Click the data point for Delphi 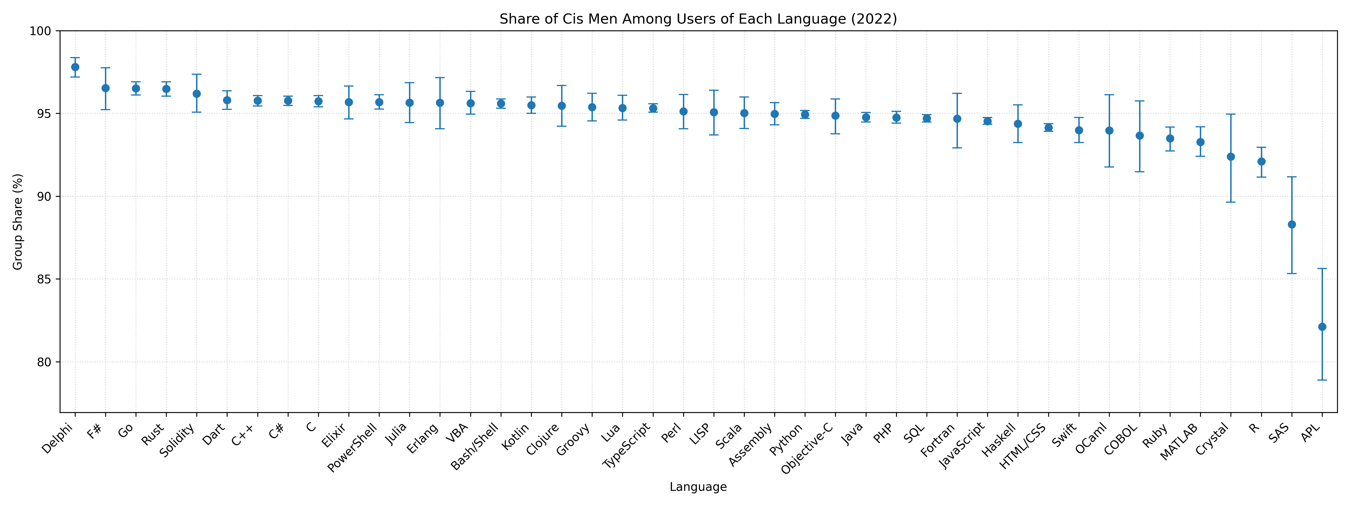coord(75,67)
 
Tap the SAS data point coord(1292,225)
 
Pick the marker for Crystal coord(1231,157)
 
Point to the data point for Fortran coord(957,119)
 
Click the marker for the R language coord(1261,161)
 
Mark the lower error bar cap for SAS coord(1292,274)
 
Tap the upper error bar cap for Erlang coord(440,78)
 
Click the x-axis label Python coord(787,439)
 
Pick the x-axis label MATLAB coord(1180,442)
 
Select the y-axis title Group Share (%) coord(18,222)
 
